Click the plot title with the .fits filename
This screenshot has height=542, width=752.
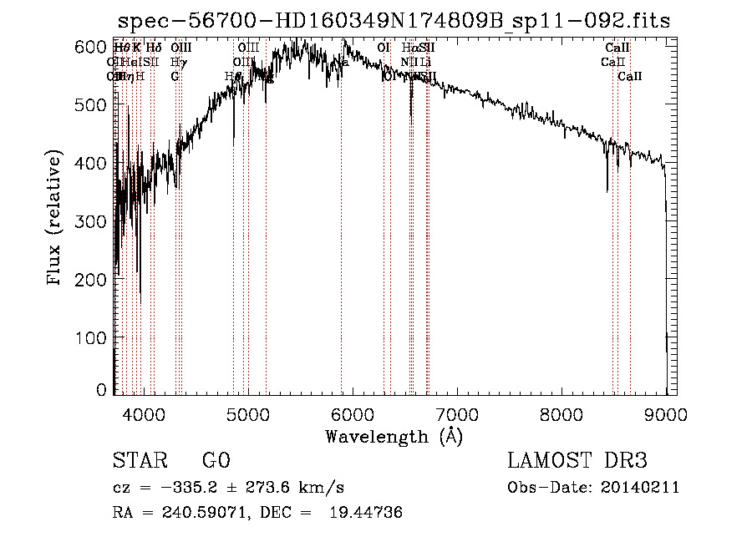pyautogui.click(x=394, y=20)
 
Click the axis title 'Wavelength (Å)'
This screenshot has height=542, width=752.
pyautogui.click(x=394, y=436)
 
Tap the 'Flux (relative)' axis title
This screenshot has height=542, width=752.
pyautogui.click(x=56, y=220)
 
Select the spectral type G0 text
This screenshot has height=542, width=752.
pyautogui.click(x=216, y=461)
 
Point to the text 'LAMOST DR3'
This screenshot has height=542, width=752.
pyautogui.click(x=577, y=461)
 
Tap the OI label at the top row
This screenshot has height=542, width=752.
pyautogui.click(x=384, y=48)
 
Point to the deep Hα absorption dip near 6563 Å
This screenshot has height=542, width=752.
pyautogui.click(x=410, y=117)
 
